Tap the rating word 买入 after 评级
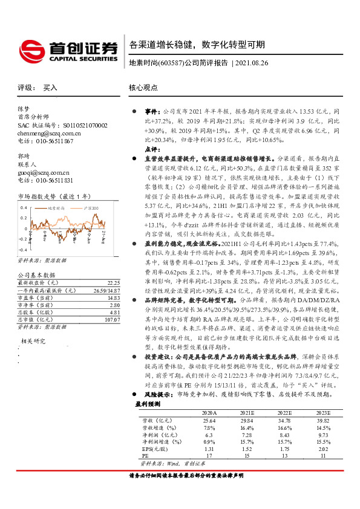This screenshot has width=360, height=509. point(50,88)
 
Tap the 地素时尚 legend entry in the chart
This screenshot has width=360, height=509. point(59,208)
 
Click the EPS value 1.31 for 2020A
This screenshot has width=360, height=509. point(209,466)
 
